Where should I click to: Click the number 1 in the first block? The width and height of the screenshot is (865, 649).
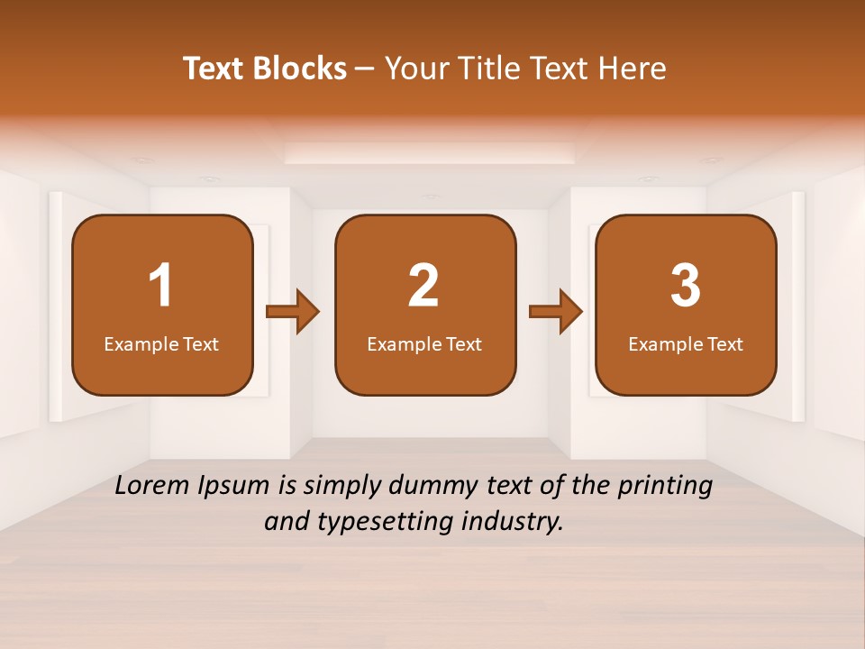pyautogui.click(x=160, y=286)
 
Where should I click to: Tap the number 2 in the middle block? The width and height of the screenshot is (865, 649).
pyautogui.click(x=423, y=286)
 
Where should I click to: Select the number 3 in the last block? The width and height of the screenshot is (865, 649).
pyautogui.click(x=686, y=286)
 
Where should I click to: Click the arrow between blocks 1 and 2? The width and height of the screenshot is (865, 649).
pyautogui.click(x=294, y=312)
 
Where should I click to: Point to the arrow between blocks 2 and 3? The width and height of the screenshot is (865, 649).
pyautogui.click(x=556, y=312)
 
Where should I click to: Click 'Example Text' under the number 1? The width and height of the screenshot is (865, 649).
pyautogui.click(x=161, y=343)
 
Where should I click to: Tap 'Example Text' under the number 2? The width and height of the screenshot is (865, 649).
pyautogui.click(x=424, y=343)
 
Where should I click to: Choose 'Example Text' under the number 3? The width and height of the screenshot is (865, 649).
pyautogui.click(x=686, y=343)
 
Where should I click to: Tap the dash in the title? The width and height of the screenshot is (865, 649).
pyautogui.click(x=365, y=69)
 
